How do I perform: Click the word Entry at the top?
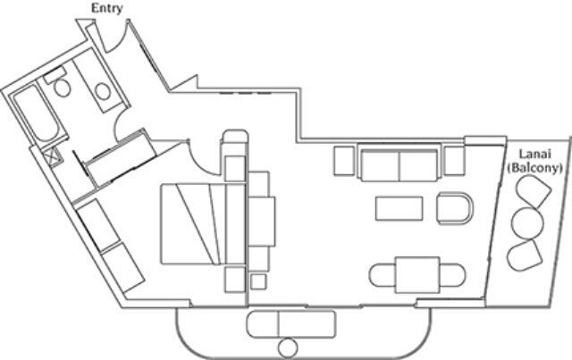pyautogui.click(x=107, y=9)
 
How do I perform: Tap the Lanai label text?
pyautogui.click(x=528, y=152)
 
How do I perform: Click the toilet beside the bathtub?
pyautogui.click(x=62, y=87)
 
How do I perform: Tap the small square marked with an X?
pyautogui.click(x=56, y=160)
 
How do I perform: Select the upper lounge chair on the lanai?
pyautogui.click(x=533, y=191)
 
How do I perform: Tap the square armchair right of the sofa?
pyautogui.click(x=454, y=161)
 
